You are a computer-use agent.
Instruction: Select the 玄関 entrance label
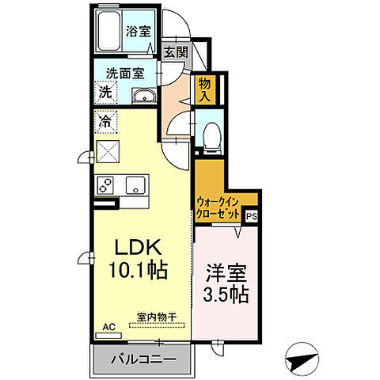(175, 53)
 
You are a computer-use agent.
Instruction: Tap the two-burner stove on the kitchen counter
(107, 185)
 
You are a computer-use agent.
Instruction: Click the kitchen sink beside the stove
(135, 186)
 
